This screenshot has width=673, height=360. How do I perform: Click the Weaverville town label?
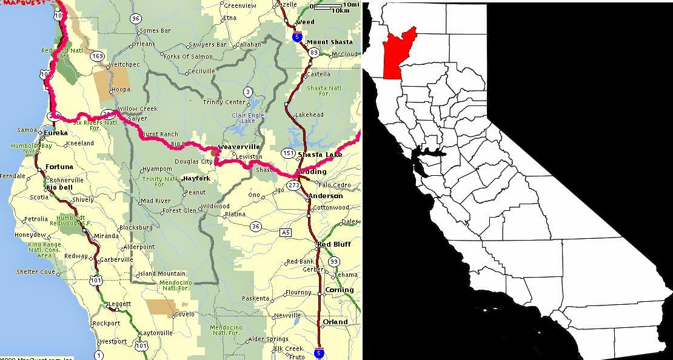tap(238, 147)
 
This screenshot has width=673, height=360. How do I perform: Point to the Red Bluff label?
tap(335, 245)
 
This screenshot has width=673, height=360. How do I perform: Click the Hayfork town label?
tap(196, 179)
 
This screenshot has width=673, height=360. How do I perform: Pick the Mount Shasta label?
tap(329, 42)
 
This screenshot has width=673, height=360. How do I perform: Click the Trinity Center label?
tap(224, 102)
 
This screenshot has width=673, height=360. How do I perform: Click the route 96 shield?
tap(135, 19)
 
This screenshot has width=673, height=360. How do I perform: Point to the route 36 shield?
tap(255, 226)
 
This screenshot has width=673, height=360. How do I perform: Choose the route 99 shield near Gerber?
tap(335, 261)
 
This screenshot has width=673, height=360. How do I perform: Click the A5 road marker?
tap(286, 233)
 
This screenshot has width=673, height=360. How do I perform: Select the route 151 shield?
tap(288, 153)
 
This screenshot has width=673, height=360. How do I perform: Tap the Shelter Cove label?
tap(36, 272)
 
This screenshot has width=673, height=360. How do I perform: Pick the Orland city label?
tap(335, 322)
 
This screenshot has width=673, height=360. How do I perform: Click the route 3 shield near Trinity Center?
tap(247, 92)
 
